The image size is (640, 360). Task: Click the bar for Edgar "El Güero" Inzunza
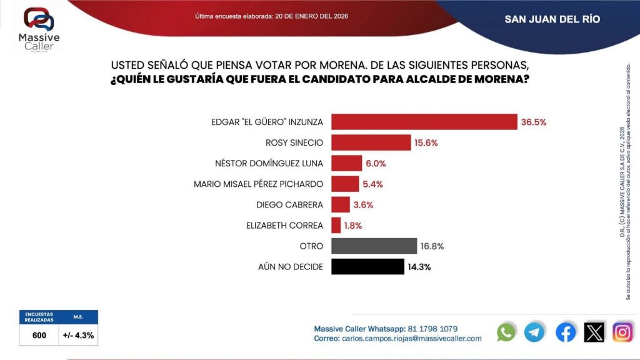pos(424,122)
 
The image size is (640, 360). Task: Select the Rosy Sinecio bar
pos(371,142)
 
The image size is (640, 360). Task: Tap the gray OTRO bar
pos(374,246)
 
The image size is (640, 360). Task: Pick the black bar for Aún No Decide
pos(367,266)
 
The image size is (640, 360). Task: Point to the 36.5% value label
pos(534,122)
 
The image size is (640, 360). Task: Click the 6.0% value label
pos(376,164)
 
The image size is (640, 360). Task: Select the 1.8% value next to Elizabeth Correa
pos(352,225)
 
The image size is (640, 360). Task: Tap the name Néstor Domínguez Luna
pos(269,164)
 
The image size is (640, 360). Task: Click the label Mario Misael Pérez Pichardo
pos(259,184)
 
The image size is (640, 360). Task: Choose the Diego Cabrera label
pos(289,205)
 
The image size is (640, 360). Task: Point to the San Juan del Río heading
pos(552,19)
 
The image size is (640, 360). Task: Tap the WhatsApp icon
pos(506,332)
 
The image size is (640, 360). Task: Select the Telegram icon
pos(534,332)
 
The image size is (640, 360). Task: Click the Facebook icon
pos(566,332)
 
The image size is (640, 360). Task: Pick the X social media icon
pos(594,332)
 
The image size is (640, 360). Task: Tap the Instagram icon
pos(622,332)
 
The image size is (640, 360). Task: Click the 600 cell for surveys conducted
pos(39,335)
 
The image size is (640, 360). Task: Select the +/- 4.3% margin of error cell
pos(79,335)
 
